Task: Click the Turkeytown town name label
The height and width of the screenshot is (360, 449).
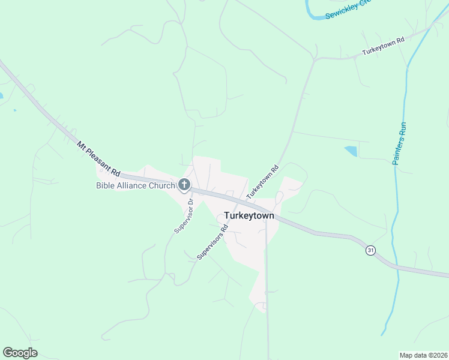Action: click(x=249, y=215)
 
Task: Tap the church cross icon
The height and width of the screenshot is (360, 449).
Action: click(x=184, y=185)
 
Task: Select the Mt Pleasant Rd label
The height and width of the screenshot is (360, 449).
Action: click(x=100, y=158)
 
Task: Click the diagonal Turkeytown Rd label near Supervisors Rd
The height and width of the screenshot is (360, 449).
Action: click(x=263, y=182)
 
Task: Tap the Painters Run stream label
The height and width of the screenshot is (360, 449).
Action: click(x=400, y=143)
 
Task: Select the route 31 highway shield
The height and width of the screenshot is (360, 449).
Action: click(x=371, y=250)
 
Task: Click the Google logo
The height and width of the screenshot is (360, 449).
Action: click(x=20, y=353)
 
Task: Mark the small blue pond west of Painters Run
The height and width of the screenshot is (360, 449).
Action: click(x=351, y=151)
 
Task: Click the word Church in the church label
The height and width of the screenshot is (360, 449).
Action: click(x=160, y=185)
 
